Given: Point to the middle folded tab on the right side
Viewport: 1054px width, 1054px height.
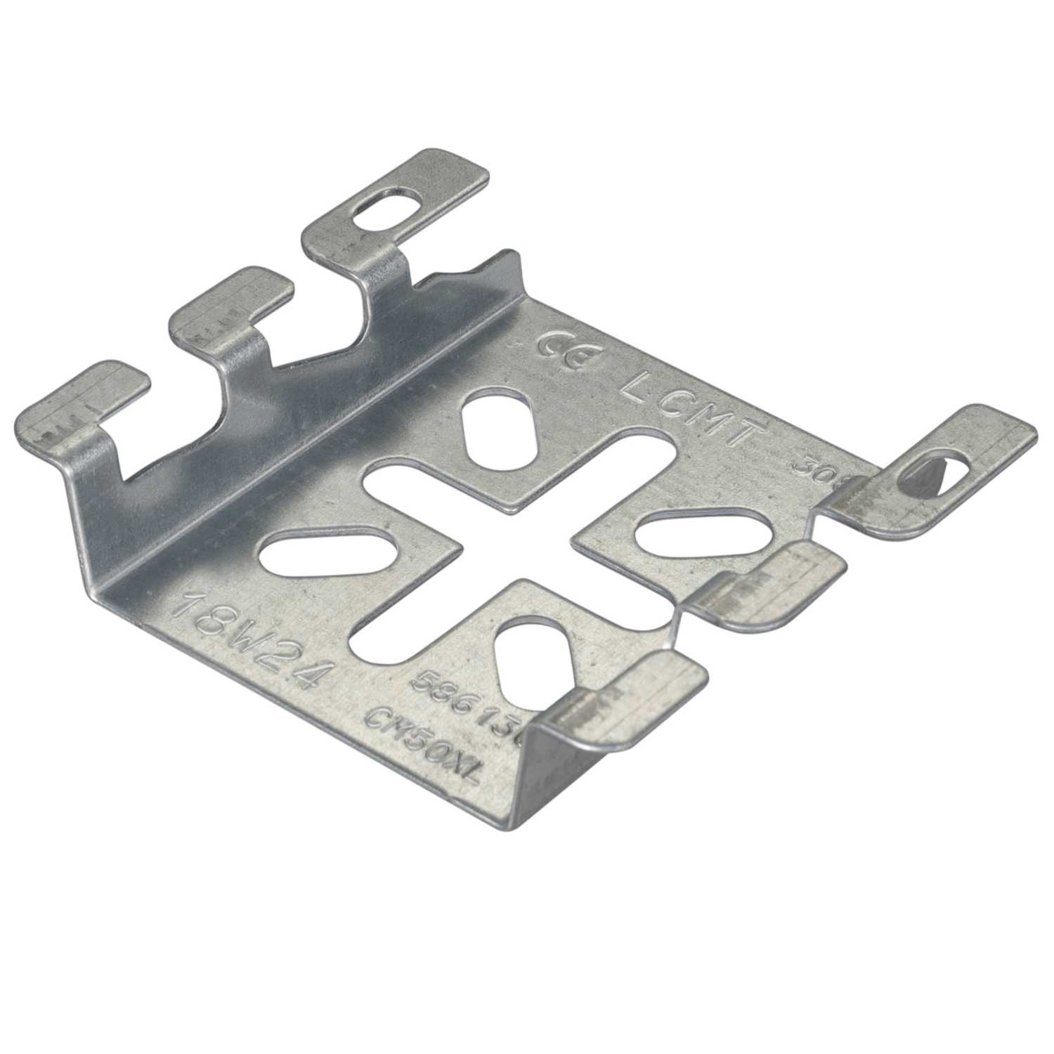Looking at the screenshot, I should [766, 583].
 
